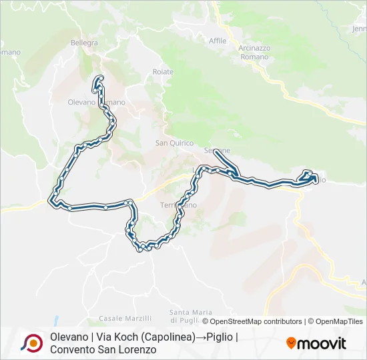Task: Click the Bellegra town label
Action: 84,43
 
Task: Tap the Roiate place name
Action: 163,72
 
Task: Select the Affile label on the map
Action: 218,41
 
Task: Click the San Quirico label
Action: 174,143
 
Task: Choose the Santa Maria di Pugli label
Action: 190,316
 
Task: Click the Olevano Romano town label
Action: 96,102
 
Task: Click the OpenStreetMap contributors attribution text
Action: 256,321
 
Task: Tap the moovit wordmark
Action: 322,344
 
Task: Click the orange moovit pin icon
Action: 291,343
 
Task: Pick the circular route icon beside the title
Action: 31,343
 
